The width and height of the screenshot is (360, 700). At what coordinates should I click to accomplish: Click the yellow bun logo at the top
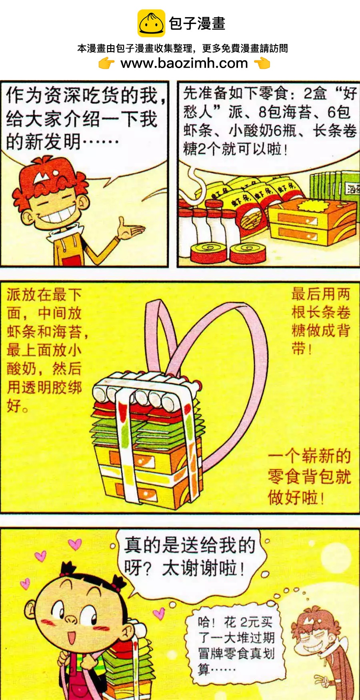pos(151,23)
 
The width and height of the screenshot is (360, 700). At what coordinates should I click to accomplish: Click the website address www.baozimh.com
pos(184,63)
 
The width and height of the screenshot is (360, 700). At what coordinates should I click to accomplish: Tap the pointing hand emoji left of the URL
pos(106,63)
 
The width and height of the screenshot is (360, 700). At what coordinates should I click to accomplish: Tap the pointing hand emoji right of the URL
pos(262,63)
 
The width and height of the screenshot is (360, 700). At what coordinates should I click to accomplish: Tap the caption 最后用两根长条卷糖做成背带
pos(321,321)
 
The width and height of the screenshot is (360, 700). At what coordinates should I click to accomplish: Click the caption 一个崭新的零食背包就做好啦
pos(309,476)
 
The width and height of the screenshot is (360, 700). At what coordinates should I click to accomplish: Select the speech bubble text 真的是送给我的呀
pos(189,556)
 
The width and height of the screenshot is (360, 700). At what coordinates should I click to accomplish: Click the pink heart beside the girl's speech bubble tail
pos(159,612)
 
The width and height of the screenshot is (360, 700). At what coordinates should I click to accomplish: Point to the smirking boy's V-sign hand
pos(322,680)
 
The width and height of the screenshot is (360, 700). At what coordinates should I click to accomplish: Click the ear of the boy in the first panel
pos(27,218)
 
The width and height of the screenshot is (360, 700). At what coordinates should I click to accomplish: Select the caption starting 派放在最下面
pos(44,350)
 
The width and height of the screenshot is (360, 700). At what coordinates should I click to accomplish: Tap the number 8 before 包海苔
pos(262,112)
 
